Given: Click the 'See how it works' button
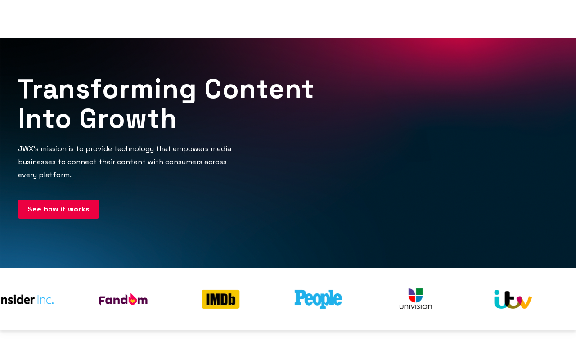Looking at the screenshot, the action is click(x=58, y=209).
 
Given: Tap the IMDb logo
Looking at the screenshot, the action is click(x=220, y=299).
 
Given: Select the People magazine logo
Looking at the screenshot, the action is click(x=318, y=299).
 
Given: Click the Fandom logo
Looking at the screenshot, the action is click(x=123, y=299).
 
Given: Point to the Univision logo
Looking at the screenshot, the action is click(x=415, y=299).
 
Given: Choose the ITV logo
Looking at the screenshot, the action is click(x=513, y=299).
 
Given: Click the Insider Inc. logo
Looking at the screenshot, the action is click(x=27, y=300).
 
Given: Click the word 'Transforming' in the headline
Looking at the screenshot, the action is click(x=107, y=90).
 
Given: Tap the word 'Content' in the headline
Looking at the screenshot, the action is click(x=259, y=89).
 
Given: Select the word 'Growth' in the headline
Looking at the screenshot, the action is click(x=128, y=119).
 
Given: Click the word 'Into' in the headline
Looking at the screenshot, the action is click(x=44, y=119).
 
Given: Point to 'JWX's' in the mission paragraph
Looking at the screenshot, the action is click(x=28, y=149).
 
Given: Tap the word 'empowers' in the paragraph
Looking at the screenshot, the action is click(x=190, y=149).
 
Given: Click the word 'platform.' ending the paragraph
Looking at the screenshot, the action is click(x=55, y=175).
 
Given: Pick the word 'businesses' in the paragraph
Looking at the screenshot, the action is click(x=37, y=162).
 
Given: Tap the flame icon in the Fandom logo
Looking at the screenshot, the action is click(x=132, y=299).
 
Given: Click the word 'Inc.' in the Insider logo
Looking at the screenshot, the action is click(x=45, y=300).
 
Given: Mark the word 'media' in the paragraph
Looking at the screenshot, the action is click(x=221, y=149).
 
